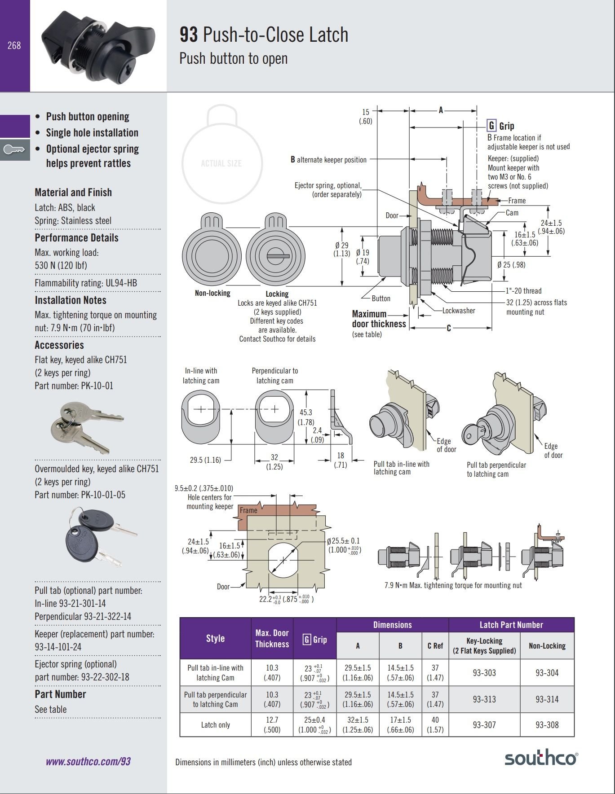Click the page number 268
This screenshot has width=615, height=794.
(14, 45)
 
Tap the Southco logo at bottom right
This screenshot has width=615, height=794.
(541, 758)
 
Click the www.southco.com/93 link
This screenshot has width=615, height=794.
(88, 761)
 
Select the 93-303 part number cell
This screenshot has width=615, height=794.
(484, 672)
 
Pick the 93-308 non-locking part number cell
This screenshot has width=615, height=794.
(547, 724)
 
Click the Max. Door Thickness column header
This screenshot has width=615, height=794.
(272, 638)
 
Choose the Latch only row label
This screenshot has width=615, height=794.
(215, 724)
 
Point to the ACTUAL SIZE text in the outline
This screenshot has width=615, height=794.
(221, 163)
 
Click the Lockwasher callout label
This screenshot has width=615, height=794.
(458, 311)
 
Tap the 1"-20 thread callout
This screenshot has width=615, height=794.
(523, 291)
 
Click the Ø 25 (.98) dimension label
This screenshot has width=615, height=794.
(511, 265)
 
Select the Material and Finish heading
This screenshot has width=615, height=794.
(73, 193)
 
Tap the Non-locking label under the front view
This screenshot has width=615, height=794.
(212, 293)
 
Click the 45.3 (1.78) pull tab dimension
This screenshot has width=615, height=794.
(305, 417)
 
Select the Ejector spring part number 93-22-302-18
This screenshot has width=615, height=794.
(105, 677)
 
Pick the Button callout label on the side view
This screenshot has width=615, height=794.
(381, 298)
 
